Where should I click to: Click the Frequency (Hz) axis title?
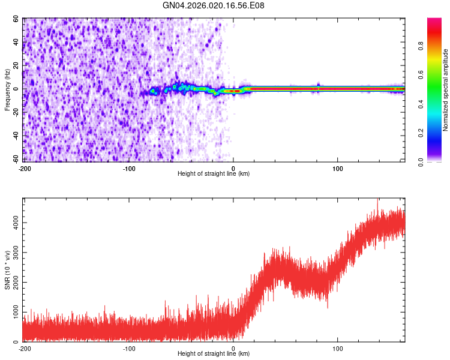click(7, 89)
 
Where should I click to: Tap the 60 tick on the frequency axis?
click(17, 19)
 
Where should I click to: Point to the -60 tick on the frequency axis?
click(16, 160)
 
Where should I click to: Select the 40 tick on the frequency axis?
click(17, 43)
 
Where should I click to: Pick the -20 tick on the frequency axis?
click(16, 113)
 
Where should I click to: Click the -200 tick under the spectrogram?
click(25, 167)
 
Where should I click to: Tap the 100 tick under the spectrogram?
click(338, 167)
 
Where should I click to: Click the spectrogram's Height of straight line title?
click(214, 173)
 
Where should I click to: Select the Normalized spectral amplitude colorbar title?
click(445, 89)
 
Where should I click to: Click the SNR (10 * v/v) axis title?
click(7, 269)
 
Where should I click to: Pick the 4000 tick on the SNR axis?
click(13, 223)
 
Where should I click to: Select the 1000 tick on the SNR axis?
click(13, 312)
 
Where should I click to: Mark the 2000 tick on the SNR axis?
click(13, 282)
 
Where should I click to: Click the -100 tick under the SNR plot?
click(129, 348)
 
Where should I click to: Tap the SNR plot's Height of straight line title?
click(214, 354)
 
